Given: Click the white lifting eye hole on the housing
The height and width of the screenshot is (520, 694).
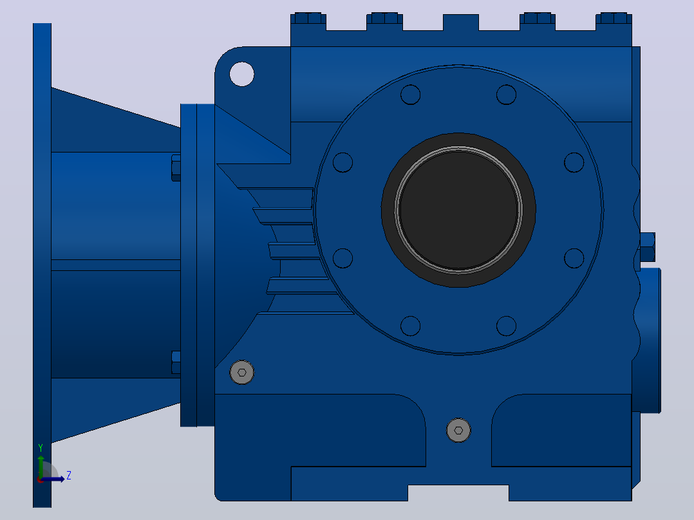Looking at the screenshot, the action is (x=241, y=74).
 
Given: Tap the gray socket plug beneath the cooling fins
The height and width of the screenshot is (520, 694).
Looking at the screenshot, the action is (x=241, y=372).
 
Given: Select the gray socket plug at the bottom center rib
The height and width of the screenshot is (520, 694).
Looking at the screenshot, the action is (x=458, y=430).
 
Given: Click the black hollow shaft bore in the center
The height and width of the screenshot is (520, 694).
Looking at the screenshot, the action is (x=458, y=210).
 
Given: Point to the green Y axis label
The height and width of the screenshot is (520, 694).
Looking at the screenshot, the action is (x=41, y=448).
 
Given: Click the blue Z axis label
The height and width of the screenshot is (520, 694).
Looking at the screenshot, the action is (x=69, y=476).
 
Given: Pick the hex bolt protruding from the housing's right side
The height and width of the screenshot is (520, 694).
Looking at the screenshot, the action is (x=648, y=247).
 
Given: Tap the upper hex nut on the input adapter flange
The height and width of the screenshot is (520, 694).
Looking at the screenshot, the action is (x=176, y=168).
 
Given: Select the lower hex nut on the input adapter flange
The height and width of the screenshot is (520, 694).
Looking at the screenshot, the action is (x=176, y=362).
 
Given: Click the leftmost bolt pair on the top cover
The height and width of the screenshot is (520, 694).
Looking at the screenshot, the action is (x=308, y=18).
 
